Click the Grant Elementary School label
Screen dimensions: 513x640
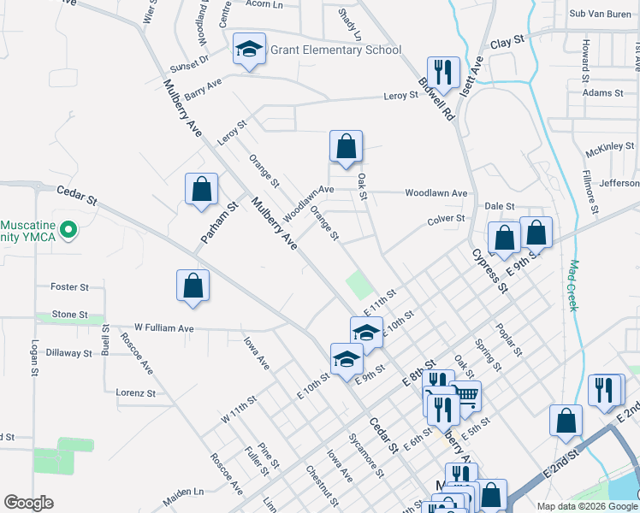335,50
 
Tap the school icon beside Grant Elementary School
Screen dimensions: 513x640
249,50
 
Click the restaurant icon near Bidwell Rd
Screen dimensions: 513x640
443,72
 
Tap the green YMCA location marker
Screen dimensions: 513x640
72,230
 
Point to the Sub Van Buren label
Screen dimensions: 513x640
600,14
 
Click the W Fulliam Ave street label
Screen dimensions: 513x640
164,328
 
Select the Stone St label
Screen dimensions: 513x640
70,315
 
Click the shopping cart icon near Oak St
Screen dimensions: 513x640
465,396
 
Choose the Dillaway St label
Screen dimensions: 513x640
68,352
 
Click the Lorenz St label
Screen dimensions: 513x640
135,393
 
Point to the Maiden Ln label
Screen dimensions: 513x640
186,492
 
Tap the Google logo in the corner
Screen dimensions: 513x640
28,503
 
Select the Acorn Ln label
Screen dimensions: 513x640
264,4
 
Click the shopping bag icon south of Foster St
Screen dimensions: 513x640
193,286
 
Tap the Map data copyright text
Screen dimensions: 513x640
587,506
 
